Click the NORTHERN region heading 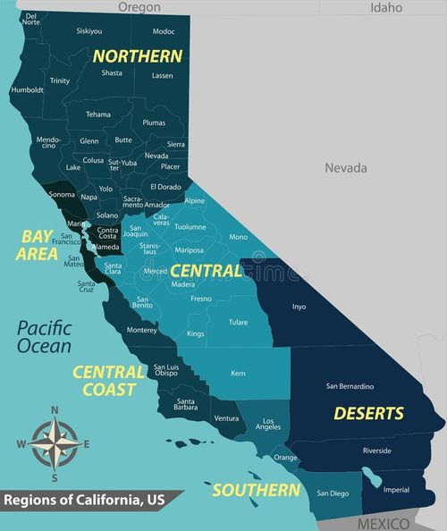pos(138,55)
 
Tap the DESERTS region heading pos(368,413)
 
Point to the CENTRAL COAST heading pos(109,380)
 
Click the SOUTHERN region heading pos(256,490)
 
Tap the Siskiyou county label pos(89,31)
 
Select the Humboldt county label pos(27,89)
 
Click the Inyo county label pos(299,307)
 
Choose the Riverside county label pos(376,451)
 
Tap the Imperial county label pos(396,489)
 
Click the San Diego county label pos(333,493)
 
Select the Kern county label pos(238,373)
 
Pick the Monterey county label pos(141,330)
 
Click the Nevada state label pos(345,167)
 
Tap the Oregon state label pos(139,7)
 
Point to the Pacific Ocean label pos(43,337)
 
